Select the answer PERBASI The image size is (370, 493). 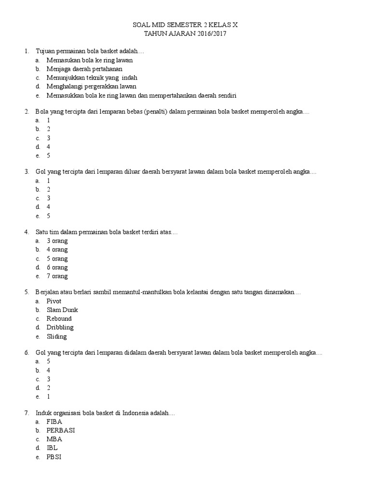[61, 430]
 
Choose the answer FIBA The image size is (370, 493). [54, 421]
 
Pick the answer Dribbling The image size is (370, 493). [60, 327]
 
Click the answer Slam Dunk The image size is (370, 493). [62, 310]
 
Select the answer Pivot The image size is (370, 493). [54, 301]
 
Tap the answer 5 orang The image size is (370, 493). [57, 259]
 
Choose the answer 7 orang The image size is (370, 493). [57, 276]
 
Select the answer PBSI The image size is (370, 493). [54, 457]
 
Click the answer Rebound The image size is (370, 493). [59, 319]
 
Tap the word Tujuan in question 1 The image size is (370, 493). [45, 51]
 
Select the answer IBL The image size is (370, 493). [52, 448]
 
